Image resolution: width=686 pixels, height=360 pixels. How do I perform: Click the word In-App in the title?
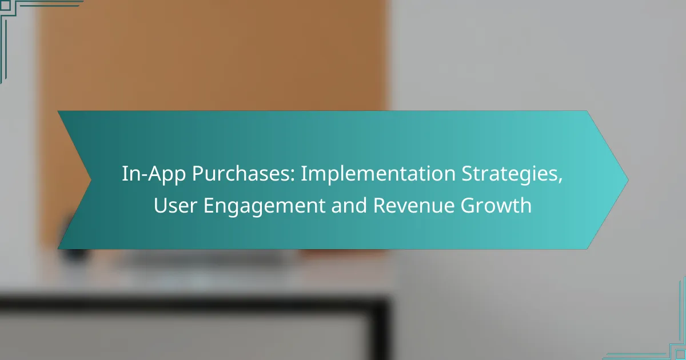coord(154,174)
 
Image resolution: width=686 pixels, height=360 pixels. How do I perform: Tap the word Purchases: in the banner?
coord(244,174)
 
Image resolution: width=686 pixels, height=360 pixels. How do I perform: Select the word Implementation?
coord(378,173)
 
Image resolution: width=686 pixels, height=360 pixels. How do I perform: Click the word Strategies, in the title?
coord(512,174)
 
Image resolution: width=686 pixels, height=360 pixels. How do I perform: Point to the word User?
coord(175,205)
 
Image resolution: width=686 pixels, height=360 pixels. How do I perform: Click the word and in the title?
coord(349,205)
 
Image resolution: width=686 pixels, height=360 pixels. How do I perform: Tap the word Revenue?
coord(413,205)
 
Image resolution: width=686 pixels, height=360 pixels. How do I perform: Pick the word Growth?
coord(496,205)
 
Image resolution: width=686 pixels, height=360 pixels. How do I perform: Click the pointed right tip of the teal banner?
coord(628,180)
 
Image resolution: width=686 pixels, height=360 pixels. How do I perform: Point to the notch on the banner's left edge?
coord(91,180)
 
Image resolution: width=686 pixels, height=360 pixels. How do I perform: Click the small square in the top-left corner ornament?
coord(5,5)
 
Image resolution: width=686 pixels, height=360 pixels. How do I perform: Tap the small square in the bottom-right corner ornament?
coord(680,355)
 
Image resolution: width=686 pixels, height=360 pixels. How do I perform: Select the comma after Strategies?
coord(560,181)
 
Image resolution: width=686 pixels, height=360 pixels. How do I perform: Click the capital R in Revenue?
coord(380,205)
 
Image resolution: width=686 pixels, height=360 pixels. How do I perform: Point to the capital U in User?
coord(160,205)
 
